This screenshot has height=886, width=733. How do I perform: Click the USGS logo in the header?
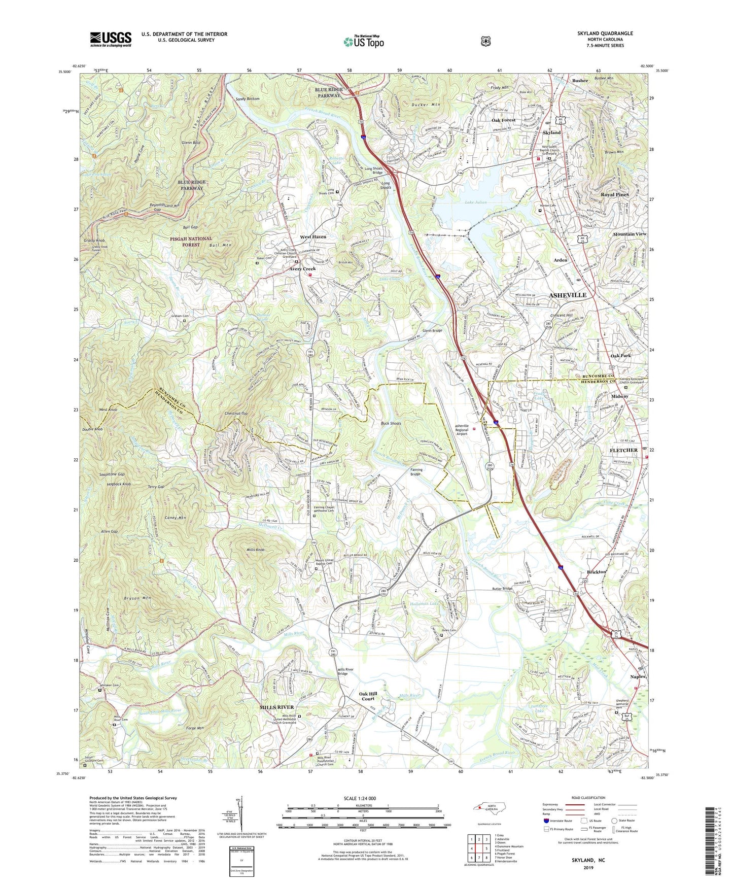tap(111, 39)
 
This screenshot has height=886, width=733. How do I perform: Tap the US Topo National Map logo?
tap(363, 41)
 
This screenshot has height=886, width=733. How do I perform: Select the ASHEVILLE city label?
tap(568, 295)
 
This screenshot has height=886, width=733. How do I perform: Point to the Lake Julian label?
tap(475, 202)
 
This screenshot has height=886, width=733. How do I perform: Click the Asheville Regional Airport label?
tap(461, 430)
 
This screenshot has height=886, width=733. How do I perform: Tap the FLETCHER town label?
tap(623, 450)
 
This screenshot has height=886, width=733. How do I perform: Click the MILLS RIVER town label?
tap(276, 707)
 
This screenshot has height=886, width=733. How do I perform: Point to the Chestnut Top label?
tap(236, 414)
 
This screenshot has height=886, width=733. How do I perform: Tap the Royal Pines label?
tap(614, 194)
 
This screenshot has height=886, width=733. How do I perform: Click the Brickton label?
tap(596, 572)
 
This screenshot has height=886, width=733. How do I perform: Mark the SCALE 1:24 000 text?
tap(360, 798)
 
